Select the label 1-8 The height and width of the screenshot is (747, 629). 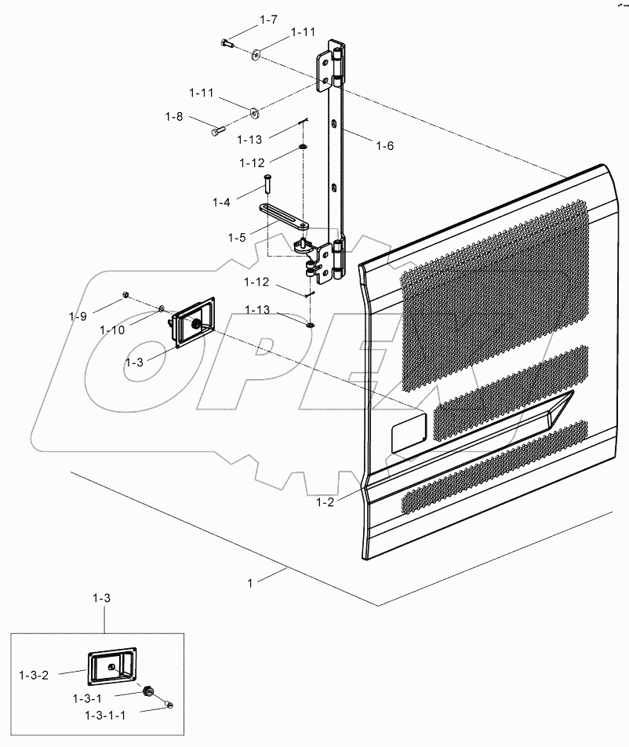click(x=174, y=116)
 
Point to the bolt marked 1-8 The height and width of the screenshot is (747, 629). click(x=218, y=131)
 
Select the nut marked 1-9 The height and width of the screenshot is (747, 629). click(x=125, y=296)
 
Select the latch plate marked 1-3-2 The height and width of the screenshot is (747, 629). click(x=111, y=665)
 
